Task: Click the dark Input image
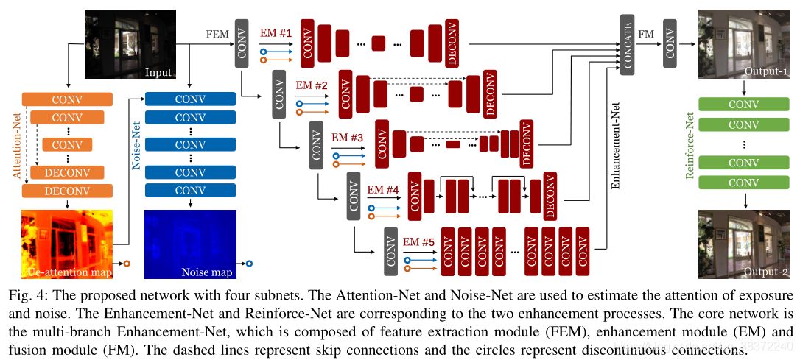[130, 43]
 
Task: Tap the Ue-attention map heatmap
[69, 244]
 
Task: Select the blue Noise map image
[190, 244]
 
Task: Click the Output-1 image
[744, 43]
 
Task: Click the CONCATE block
[628, 43]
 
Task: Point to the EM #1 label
[276, 33]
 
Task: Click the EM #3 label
[348, 137]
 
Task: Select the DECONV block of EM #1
[452, 43]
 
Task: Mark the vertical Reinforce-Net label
[690, 146]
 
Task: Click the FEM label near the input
[217, 34]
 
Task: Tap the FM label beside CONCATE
[646, 34]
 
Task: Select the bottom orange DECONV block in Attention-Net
[67, 191]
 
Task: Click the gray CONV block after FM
[670, 43]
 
